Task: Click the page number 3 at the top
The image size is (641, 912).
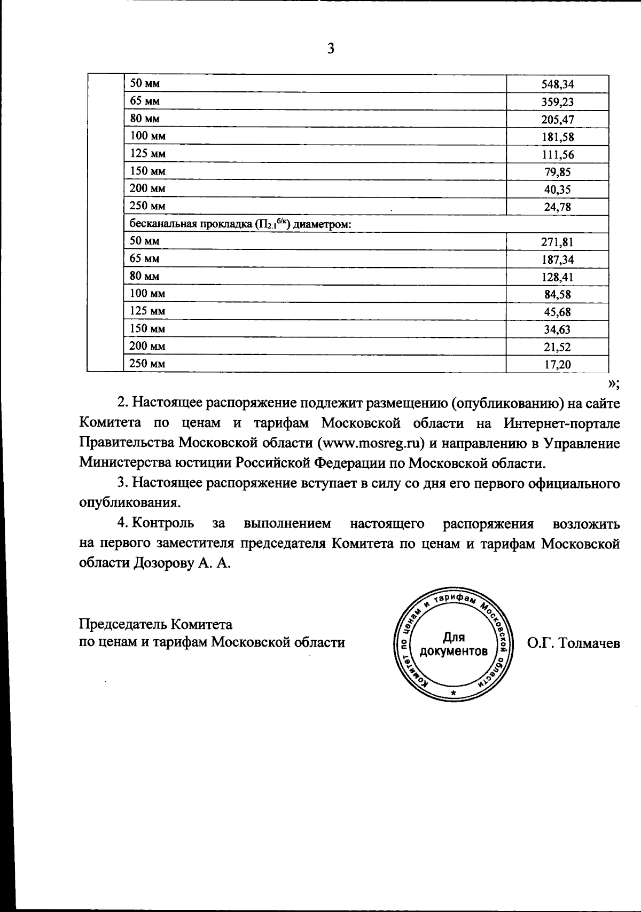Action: click(331, 49)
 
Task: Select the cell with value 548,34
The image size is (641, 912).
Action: click(557, 84)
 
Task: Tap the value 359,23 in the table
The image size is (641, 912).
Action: click(557, 102)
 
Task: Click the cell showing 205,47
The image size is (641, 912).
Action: click(557, 120)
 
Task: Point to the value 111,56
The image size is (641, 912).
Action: click(557, 155)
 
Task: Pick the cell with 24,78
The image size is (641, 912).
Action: click(557, 207)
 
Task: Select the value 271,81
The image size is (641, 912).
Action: click(557, 242)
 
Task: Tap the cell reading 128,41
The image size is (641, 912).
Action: click(557, 277)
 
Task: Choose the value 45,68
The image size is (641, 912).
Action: click(557, 312)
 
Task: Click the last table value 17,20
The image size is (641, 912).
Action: click(557, 365)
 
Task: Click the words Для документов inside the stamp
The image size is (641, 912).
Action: click(454, 644)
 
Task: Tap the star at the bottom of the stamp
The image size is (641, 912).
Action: click(454, 693)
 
